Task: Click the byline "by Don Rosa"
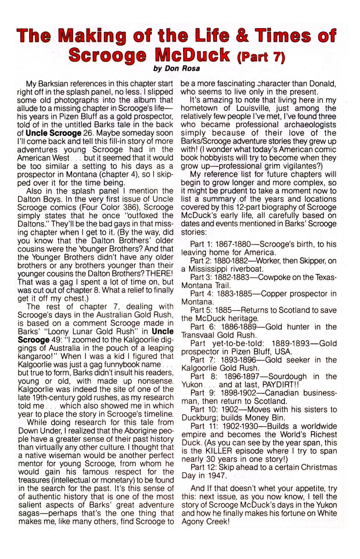[176, 68]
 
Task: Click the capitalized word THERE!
[159, 274]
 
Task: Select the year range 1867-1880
[230, 244]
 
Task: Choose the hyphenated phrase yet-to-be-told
[239, 343]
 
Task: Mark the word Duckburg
[198, 418]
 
